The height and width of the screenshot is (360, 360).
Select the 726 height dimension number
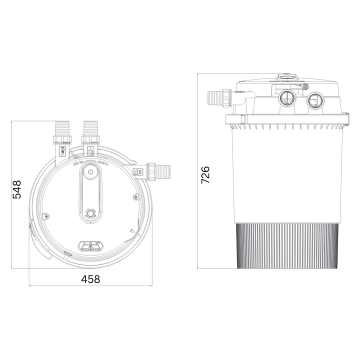click(205, 175)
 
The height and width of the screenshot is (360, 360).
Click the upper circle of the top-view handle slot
click(90, 172)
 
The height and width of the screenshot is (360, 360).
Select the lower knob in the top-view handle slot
click(90, 213)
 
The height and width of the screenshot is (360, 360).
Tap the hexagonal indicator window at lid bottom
click(90, 245)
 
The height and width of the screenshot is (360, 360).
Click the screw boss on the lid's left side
click(46, 216)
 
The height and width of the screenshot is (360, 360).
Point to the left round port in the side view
click(287, 98)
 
